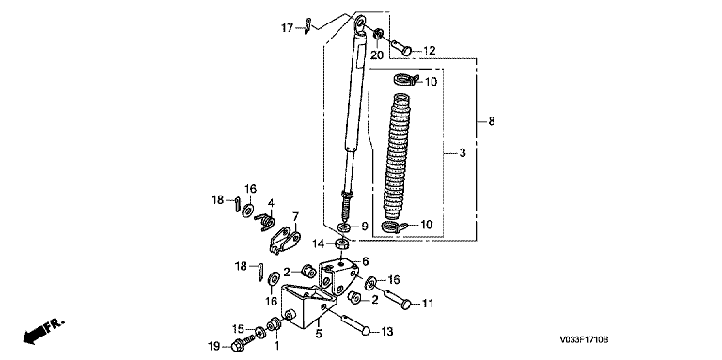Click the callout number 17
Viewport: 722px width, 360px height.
click(x=288, y=28)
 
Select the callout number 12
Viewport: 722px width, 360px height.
click(x=429, y=51)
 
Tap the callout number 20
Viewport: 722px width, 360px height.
click(x=377, y=55)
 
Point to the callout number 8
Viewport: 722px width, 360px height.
click(x=492, y=121)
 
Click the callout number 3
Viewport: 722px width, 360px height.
click(x=463, y=152)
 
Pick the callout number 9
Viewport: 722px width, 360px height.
click(x=364, y=226)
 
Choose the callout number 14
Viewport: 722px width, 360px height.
click(x=319, y=243)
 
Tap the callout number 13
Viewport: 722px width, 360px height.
click(x=387, y=332)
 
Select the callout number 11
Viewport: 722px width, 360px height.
click(x=429, y=304)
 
